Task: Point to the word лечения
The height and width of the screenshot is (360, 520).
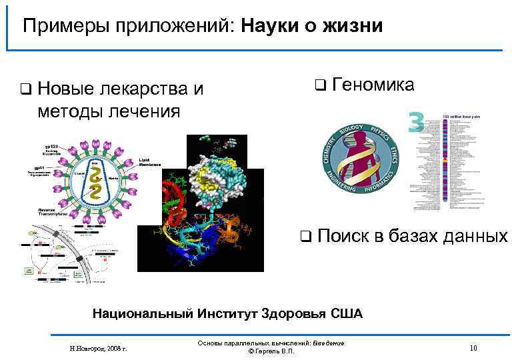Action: pyautogui.click(x=145, y=109)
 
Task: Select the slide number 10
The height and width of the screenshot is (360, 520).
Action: pyautogui.click(x=473, y=347)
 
